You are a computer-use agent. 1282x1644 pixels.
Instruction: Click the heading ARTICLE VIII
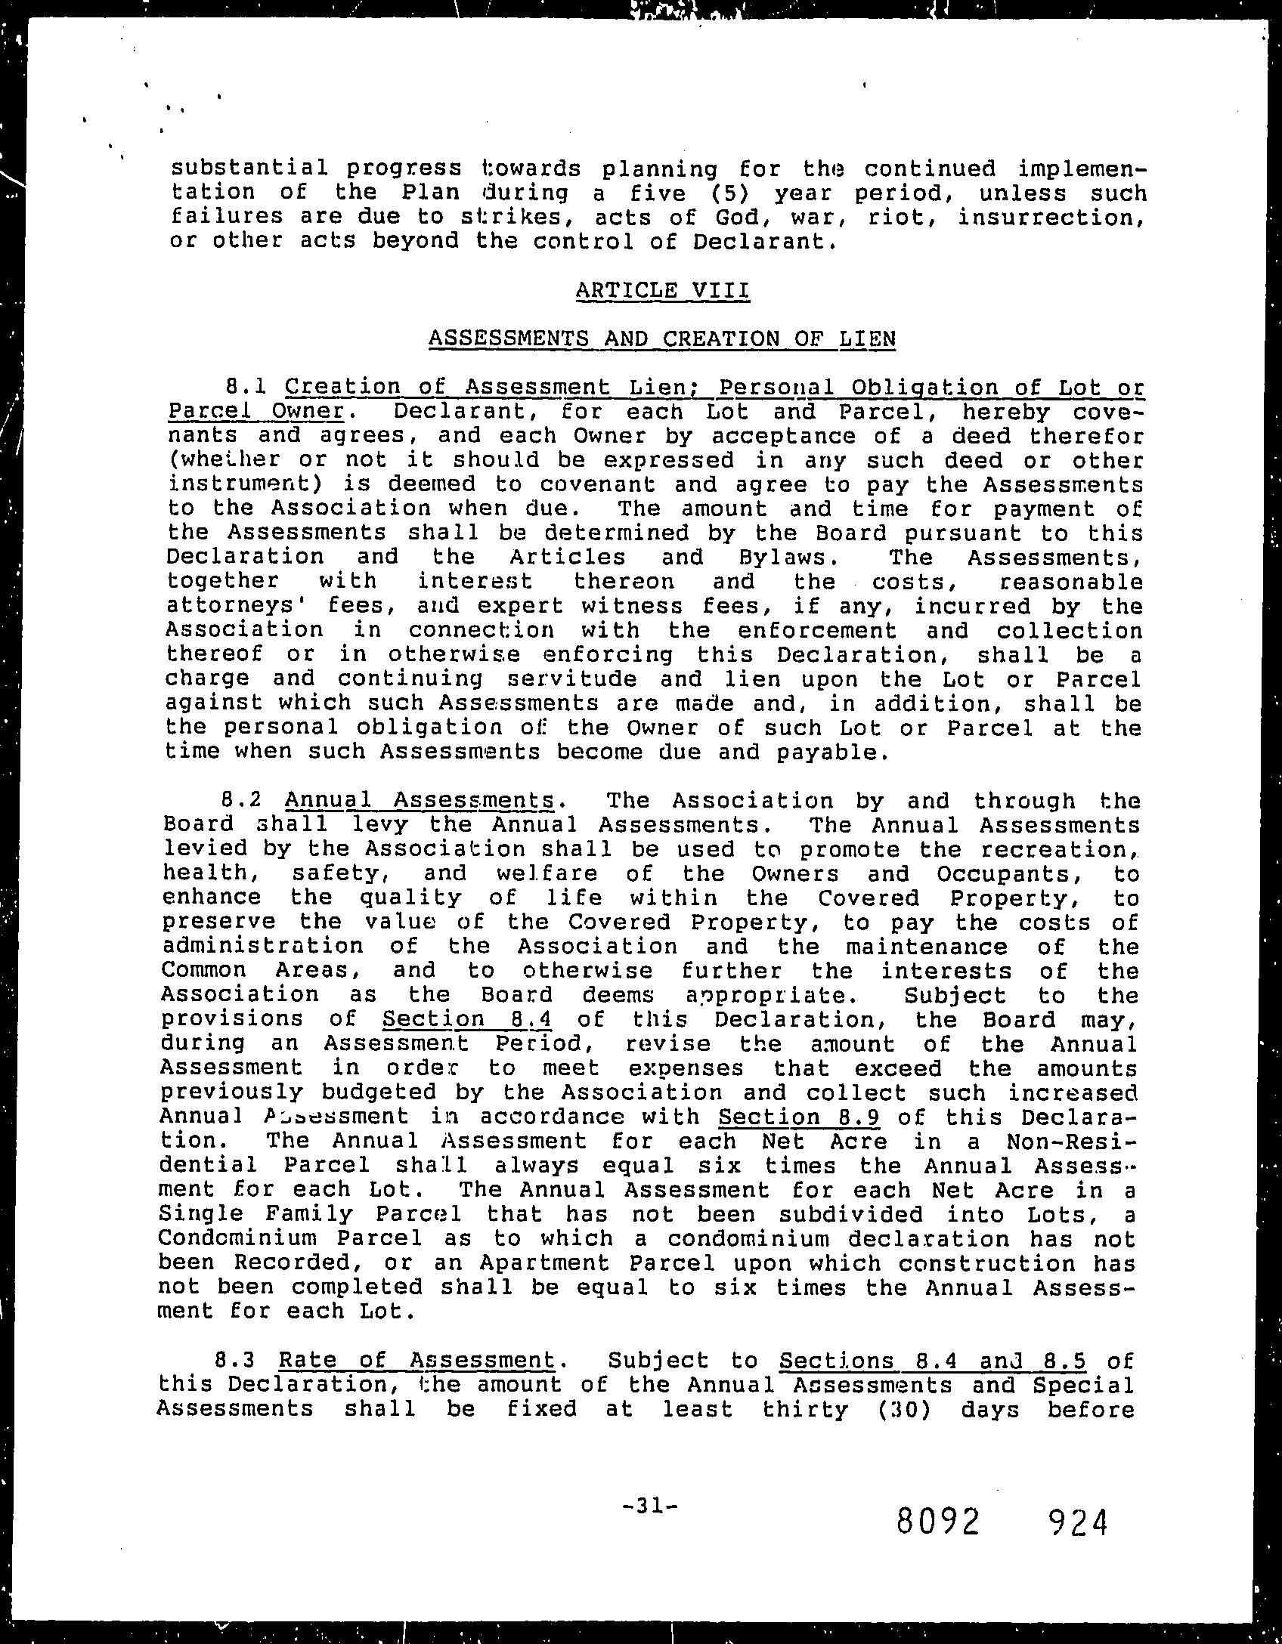662,290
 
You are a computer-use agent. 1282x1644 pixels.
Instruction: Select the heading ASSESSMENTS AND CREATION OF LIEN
662,338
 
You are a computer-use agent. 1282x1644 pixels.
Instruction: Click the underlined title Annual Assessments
420,801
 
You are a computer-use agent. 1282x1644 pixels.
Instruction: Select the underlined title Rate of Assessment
416,1361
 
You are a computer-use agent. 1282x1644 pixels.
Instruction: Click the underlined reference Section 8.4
467,1019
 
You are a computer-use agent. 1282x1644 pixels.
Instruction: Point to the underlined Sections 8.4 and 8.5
933,1361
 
